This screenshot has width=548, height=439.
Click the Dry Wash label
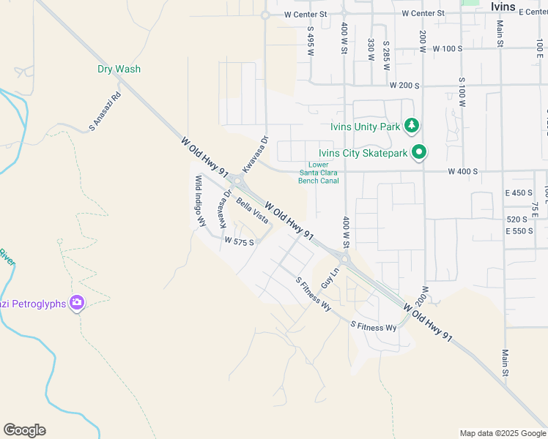(x=119, y=70)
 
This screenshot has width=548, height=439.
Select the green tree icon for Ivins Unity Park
(x=412, y=126)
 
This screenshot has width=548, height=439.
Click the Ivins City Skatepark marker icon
(x=419, y=152)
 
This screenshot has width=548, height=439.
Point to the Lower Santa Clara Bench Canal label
(x=319, y=173)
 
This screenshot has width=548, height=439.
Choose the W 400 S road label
(x=463, y=171)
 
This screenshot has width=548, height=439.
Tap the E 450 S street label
(x=519, y=192)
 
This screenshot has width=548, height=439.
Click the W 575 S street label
(x=240, y=241)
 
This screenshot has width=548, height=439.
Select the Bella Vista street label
(x=251, y=211)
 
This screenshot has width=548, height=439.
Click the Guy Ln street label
(x=330, y=277)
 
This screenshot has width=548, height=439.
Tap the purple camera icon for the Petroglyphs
(x=77, y=302)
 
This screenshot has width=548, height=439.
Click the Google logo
(x=24, y=430)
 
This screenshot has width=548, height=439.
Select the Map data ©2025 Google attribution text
(x=502, y=433)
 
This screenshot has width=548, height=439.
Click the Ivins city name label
(x=504, y=5)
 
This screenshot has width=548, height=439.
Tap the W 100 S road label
(x=448, y=48)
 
